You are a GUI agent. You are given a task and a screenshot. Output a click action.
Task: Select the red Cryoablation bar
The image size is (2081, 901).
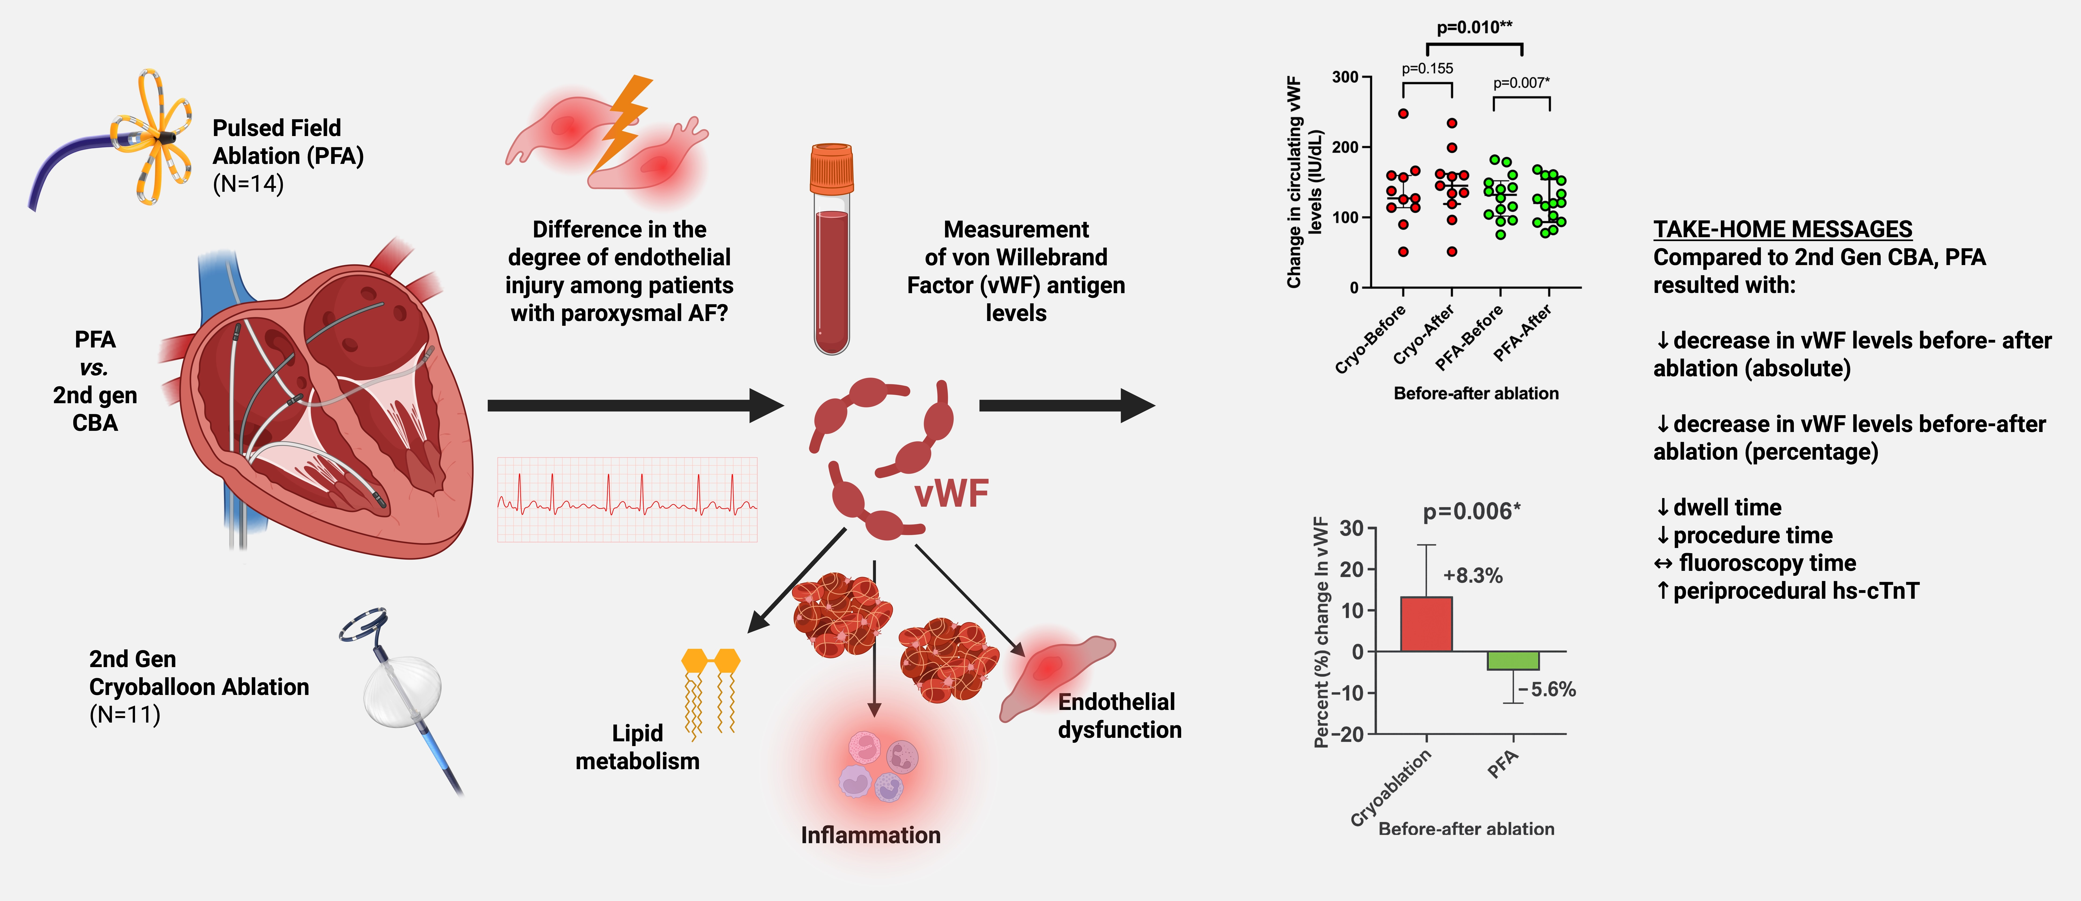[1426, 624]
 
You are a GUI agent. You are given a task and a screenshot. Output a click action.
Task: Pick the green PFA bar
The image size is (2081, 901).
[1513, 660]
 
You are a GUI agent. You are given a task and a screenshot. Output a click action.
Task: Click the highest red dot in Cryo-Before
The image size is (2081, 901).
[1403, 114]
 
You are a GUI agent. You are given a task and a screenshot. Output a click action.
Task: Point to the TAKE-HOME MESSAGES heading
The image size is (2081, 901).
[1782, 229]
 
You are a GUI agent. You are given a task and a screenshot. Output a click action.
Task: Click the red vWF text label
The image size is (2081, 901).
[951, 494]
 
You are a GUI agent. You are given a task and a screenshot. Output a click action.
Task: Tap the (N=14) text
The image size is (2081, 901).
[248, 184]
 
